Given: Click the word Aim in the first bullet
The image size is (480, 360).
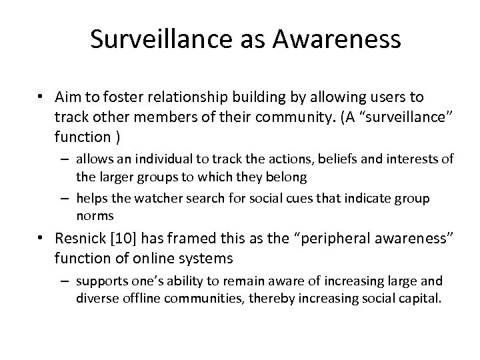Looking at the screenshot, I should [69, 98].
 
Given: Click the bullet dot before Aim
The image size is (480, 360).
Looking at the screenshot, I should [41, 99].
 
